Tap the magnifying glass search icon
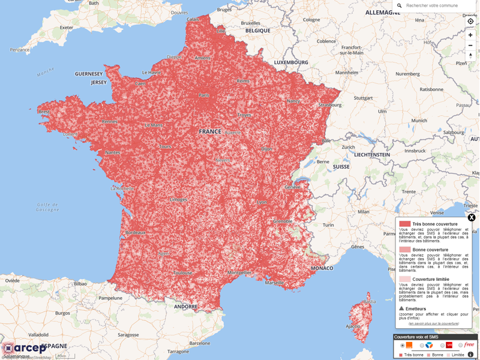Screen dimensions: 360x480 point(400,6)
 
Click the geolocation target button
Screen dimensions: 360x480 point(470,22)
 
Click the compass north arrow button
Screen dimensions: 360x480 point(470,55)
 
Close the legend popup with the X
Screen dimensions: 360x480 point(472,218)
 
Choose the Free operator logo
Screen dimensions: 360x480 point(469,345)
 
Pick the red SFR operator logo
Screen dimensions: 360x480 point(449,346)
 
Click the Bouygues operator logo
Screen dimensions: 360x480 point(429,346)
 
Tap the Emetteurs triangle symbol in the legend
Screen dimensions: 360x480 point(401,309)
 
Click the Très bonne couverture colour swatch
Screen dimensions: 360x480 point(405,224)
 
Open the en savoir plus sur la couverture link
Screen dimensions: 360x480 point(434,323)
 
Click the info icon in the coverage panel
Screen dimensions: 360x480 point(470,355)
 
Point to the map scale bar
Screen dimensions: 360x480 point(61,356)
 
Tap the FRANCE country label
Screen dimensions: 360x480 point(210,131)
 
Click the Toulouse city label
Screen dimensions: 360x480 point(182,273)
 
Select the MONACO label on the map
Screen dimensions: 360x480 point(322,268)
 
